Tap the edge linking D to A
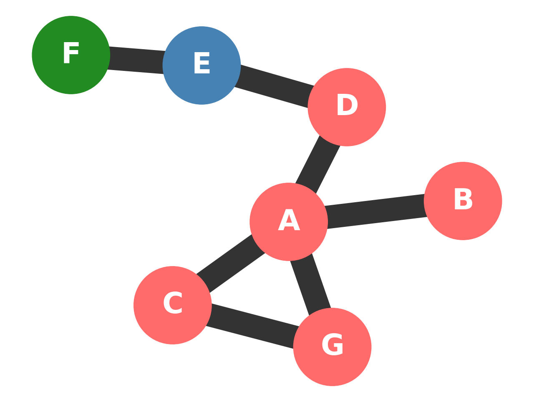318,164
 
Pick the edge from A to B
375,211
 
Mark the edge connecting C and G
252,326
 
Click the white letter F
71,53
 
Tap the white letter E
202,64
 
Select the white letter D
347,106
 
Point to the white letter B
463,199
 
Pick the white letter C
172,304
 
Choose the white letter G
332,345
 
